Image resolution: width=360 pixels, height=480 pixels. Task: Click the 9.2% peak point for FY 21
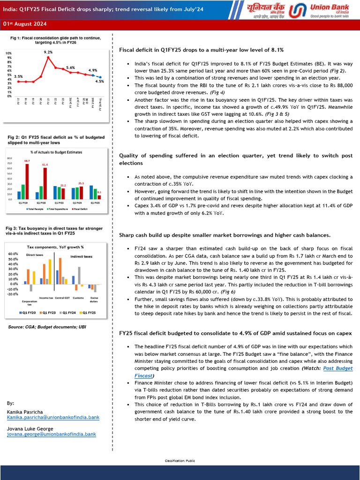coord(48,57)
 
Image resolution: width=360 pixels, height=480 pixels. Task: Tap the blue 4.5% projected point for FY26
coord(100,77)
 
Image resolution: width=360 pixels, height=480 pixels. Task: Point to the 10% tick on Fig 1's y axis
coord(8,53)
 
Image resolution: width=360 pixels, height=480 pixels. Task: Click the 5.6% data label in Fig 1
coord(70,67)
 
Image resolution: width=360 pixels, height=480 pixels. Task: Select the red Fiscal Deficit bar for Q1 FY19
coord(27,181)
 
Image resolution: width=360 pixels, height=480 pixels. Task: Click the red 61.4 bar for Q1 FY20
coord(45,183)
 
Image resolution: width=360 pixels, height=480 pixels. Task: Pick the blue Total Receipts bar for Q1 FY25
coord(91,192)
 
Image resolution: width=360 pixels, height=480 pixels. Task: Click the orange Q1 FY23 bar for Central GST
coord(60,271)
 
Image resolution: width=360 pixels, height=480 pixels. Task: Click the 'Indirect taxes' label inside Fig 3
coord(81,256)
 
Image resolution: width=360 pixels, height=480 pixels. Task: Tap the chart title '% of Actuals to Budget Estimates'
coord(56,152)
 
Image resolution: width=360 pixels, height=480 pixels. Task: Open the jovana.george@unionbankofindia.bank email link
coord(52,435)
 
